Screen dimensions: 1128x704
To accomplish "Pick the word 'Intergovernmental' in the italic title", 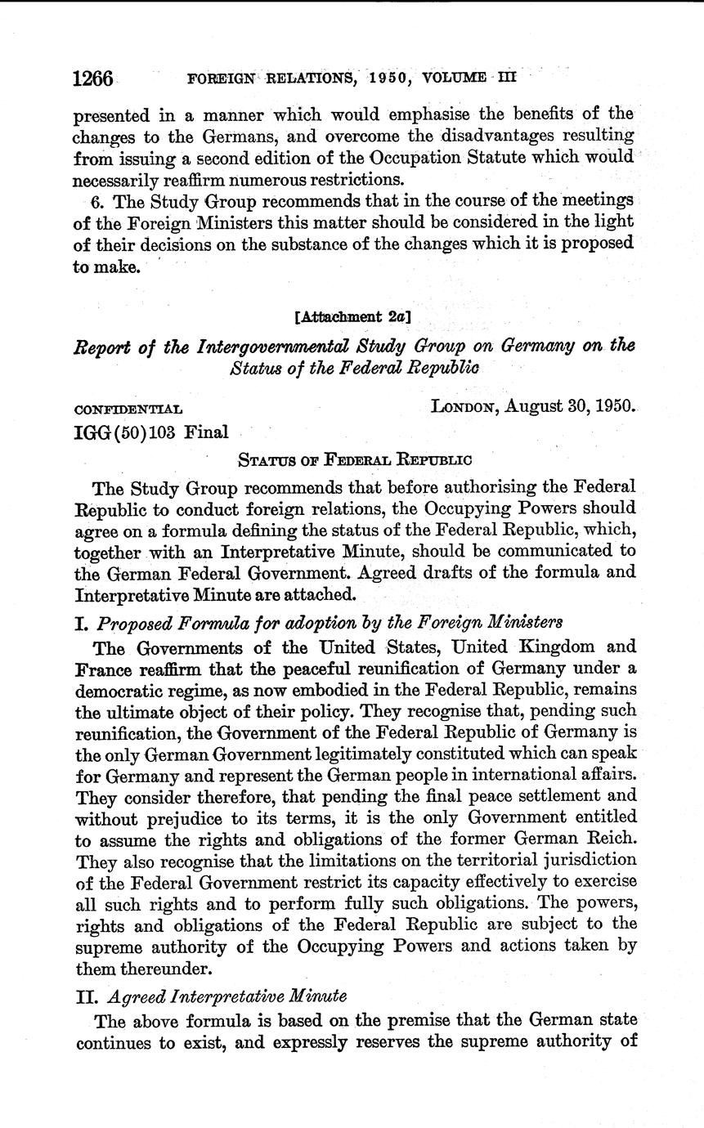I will click(270, 346).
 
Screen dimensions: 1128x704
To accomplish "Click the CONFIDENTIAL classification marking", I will click(128, 408).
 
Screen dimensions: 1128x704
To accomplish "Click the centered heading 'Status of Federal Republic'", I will click(354, 459).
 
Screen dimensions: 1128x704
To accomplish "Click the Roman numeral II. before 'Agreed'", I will click(87, 996).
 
